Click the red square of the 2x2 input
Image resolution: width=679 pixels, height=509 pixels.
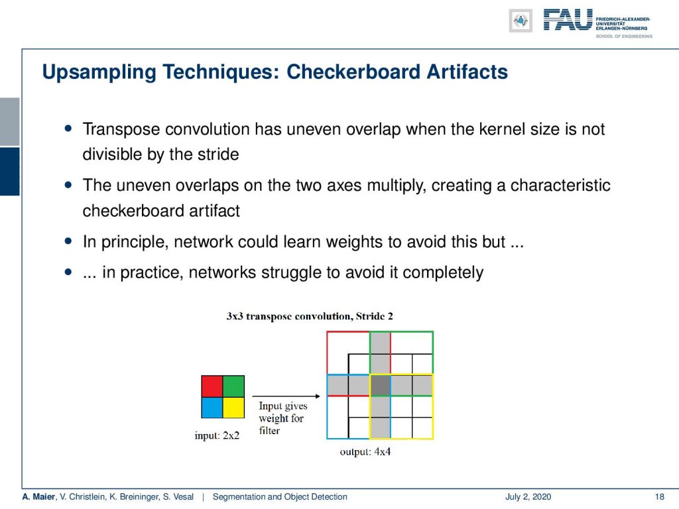(x=212, y=386)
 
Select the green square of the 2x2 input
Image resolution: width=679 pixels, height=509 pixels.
(x=234, y=386)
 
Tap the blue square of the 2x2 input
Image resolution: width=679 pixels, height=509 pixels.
(x=212, y=408)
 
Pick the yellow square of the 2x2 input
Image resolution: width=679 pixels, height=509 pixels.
(x=234, y=408)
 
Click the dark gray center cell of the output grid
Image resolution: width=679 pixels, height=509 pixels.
(x=381, y=385)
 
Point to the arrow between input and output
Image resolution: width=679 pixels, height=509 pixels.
(x=286, y=396)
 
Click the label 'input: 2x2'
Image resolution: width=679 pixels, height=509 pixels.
(x=217, y=435)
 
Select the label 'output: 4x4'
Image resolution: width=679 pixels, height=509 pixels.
(x=365, y=452)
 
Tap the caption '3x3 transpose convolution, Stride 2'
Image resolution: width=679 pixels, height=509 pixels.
(x=310, y=316)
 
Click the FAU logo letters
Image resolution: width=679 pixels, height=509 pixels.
(x=568, y=20)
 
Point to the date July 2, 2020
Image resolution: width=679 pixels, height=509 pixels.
(x=528, y=497)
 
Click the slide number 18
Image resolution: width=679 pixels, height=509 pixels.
(x=660, y=497)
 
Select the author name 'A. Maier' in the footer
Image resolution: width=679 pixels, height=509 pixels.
(x=38, y=497)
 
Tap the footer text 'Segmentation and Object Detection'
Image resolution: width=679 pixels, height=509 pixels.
(x=280, y=497)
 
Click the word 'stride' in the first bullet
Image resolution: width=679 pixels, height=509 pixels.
(x=218, y=154)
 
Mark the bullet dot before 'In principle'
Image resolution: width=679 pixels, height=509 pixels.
(x=68, y=241)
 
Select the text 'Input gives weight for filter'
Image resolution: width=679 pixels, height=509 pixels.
(x=283, y=418)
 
